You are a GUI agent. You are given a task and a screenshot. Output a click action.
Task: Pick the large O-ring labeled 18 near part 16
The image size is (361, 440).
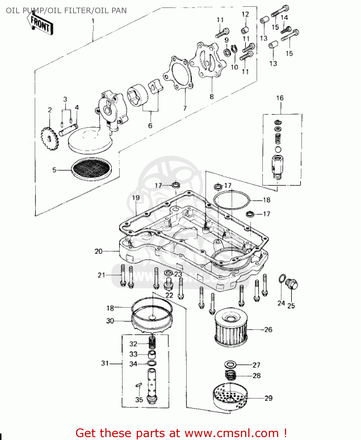(x=232, y=200)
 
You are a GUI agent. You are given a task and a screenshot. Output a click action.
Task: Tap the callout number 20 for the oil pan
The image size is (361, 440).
(x=98, y=251)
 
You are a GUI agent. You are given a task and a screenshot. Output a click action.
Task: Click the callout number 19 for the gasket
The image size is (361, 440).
(x=136, y=198)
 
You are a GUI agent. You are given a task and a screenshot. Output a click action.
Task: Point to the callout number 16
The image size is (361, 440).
(x=280, y=98)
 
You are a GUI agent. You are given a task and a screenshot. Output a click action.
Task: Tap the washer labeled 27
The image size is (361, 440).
(x=231, y=365)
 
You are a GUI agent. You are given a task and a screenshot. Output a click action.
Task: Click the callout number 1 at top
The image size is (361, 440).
(x=93, y=21)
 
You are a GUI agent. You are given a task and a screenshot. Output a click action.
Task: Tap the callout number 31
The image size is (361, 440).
(x=105, y=363)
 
